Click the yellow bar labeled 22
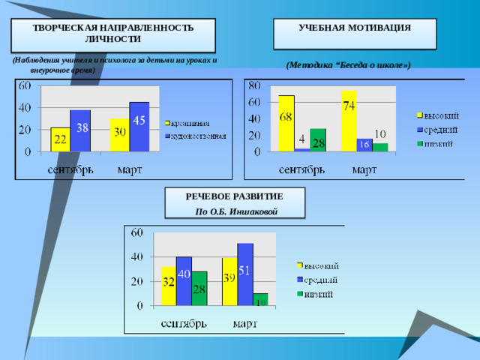pos(60,139)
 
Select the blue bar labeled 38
pos(80,130)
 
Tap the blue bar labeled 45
pos(139,127)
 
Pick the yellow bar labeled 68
pos(286,123)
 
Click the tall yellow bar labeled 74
pos(349,121)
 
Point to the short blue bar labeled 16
pos(364,145)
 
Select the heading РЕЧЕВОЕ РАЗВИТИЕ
pos(235,196)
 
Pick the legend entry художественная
pos(199,136)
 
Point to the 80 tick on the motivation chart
pos(255,85)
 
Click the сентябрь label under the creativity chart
pos(71,169)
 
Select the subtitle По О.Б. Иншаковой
pos(236,211)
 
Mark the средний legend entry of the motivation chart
pos(442,129)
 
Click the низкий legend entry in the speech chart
pos(321,293)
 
